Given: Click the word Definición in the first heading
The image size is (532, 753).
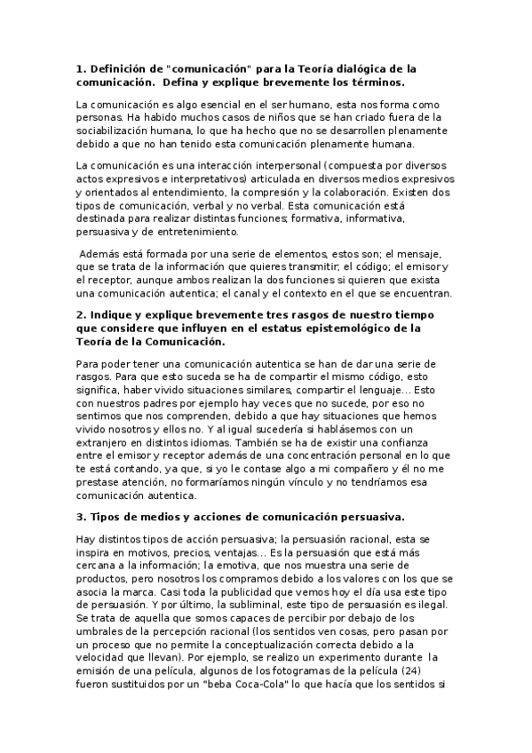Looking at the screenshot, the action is click(124, 67).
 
